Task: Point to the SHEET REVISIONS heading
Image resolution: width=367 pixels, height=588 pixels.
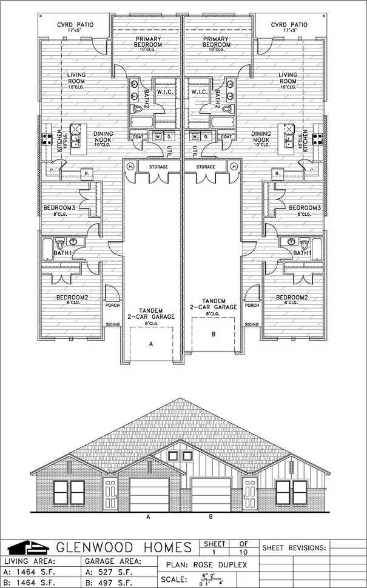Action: coord(294,548)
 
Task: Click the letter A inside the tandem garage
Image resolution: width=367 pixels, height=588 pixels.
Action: coord(150,342)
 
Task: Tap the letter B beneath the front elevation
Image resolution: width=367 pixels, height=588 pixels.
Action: coord(210,517)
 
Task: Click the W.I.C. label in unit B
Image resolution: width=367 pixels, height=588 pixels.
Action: coord(199,92)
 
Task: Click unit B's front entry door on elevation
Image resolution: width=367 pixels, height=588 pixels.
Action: coord(250,494)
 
